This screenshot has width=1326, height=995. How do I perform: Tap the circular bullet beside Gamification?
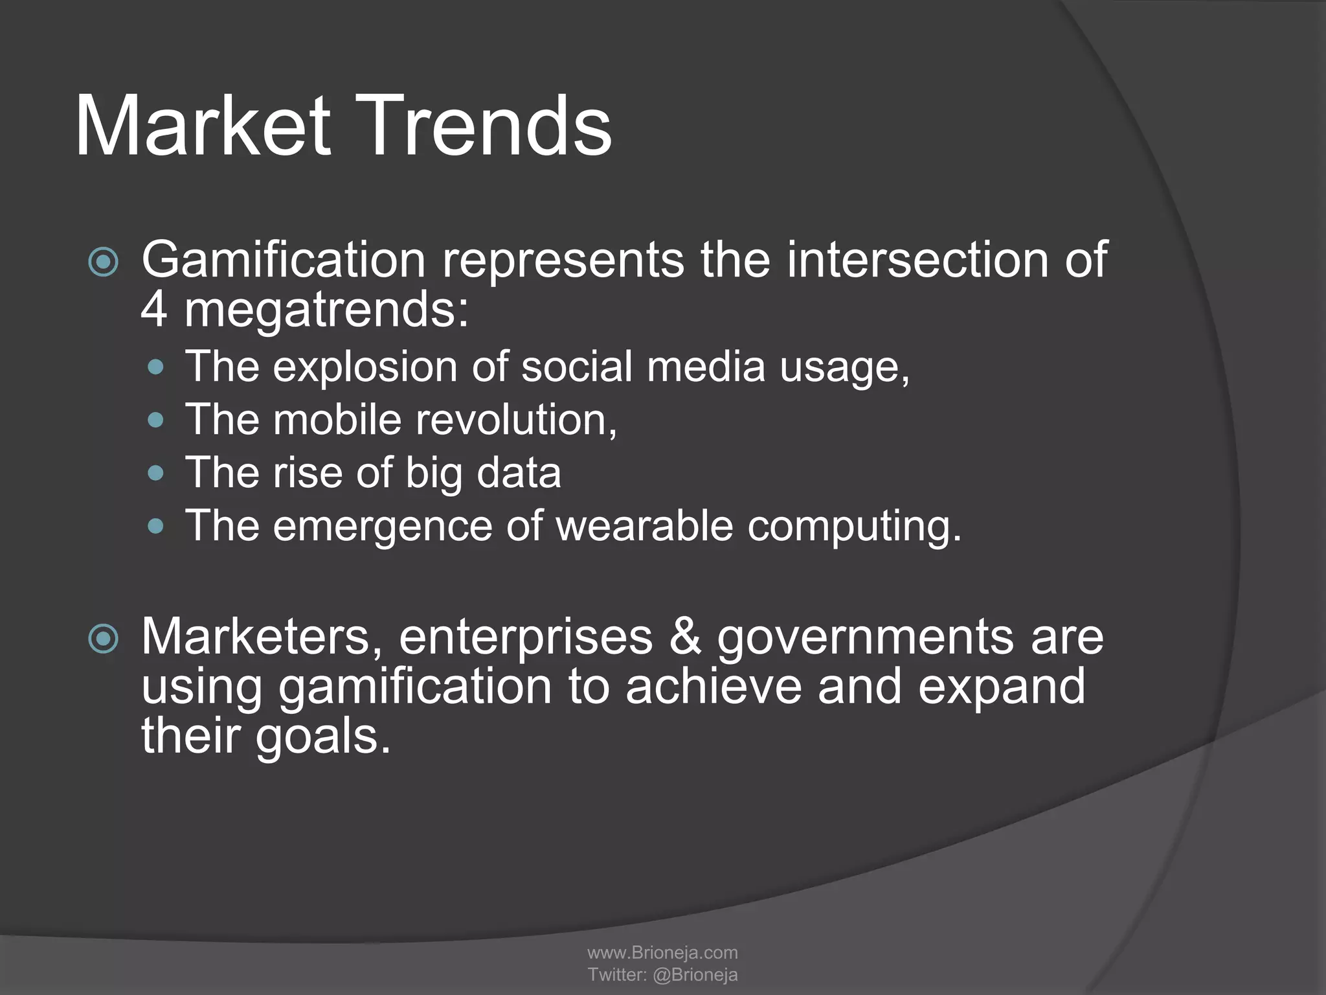click(104, 262)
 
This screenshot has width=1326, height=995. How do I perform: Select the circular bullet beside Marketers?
click(104, 639)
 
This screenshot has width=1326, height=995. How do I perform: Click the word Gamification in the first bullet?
click(283, 260)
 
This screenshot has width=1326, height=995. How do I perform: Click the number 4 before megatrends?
click(154, 310)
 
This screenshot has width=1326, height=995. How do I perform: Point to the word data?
click(519, 472)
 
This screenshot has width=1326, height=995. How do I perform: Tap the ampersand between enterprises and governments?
click(685, 637)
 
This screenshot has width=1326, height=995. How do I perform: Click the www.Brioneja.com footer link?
click(662, 952)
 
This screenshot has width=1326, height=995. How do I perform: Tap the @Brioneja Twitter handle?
click(695, 974)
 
